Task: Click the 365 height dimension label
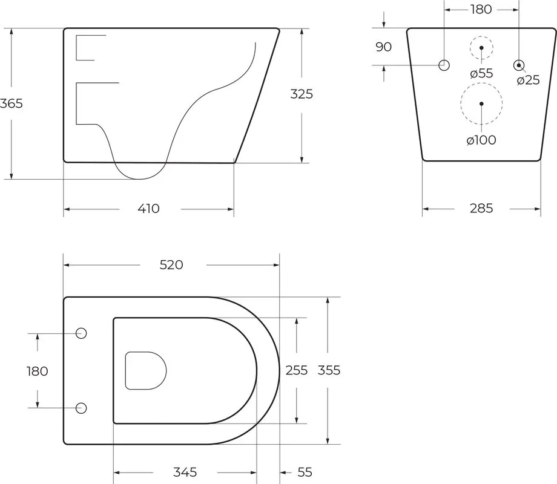pyautogui.click(x=12, y=103)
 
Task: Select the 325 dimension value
pyautogui.click(x=302, y=94)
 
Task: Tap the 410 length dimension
pyautogui.click(x=148, y=209)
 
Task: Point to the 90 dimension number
pyautogui.click(x=384, y=47)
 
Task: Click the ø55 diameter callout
pyautogui.click(x=481, y=73)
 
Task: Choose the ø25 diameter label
pyautogui.click(x=528, y=80)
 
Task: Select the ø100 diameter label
pyautogui.click(x=481, y=140)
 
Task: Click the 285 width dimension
pyautogui.click(x=481, y=208)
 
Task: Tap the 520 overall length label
pyautogui.click(x=171, y=265)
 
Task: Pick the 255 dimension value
pyautogui.click(x=297, y=370)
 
